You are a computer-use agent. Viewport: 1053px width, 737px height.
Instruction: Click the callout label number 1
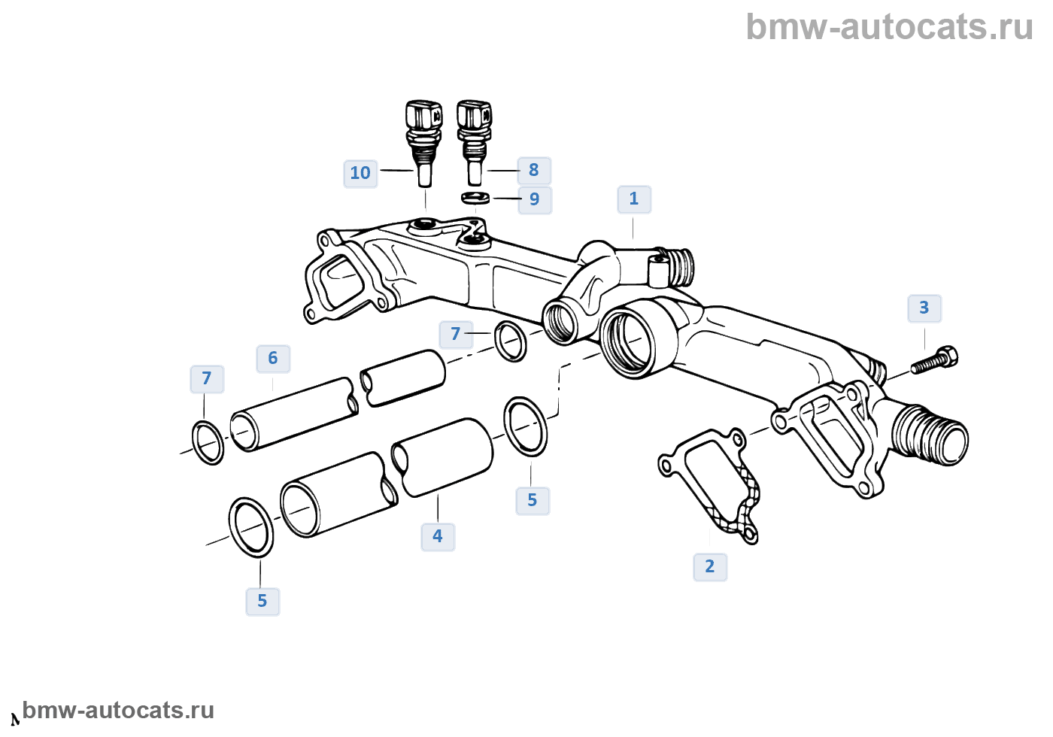634,199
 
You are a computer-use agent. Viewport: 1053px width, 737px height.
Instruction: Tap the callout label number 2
710,567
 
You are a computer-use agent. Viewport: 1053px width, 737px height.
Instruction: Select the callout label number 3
924,308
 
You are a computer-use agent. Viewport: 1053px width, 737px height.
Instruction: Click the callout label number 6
273,359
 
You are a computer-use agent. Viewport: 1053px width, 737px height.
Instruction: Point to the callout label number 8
534,171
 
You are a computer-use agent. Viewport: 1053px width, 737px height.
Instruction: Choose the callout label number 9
535,200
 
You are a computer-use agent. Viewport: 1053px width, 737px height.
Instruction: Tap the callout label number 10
360,174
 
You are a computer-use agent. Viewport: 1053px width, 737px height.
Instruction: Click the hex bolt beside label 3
934,361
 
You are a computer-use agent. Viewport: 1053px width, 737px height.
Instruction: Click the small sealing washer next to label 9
475,198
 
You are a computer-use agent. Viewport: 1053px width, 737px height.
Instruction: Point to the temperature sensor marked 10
423,144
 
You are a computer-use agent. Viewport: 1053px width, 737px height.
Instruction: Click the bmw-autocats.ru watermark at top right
889,27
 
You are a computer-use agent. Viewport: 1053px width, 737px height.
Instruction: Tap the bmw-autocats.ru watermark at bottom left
118,710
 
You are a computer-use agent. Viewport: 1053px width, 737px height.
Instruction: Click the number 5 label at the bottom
262,602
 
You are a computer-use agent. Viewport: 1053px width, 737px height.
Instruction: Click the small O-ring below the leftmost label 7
208,444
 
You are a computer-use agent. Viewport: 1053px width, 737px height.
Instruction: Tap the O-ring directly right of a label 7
511,341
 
